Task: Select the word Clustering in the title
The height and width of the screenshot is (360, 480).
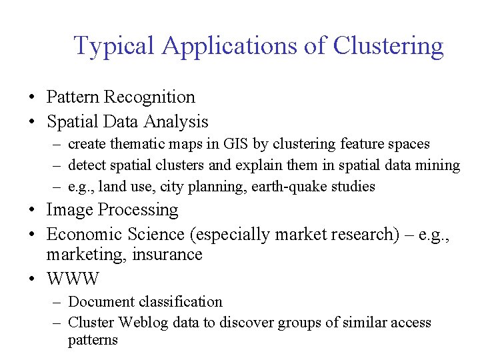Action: click(x=388, y=46)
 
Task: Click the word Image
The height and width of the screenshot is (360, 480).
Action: click(x=69, y=210)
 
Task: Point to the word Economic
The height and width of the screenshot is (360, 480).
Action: click(x=87, y=235)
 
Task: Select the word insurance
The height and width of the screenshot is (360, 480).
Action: click(x=169, y=255)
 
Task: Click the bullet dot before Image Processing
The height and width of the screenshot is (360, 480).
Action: click(x=32, y=211)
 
